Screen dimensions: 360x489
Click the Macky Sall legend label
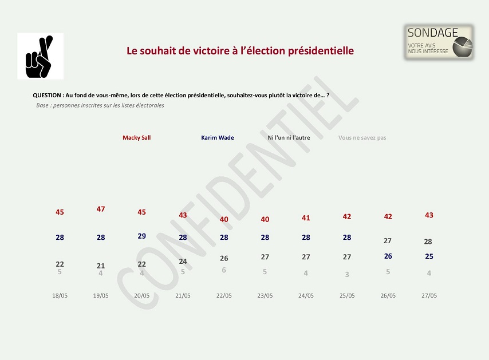136,138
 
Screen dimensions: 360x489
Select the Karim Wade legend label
218,138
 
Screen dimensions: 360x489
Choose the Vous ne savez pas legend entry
362,138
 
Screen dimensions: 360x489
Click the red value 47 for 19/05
101,209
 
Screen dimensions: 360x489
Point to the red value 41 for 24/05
306,218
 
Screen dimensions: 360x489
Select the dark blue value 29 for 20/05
142,236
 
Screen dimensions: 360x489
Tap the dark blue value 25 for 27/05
429,257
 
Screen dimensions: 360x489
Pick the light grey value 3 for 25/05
347,275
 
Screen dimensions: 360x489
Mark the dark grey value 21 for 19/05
101,266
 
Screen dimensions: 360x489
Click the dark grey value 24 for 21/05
183,262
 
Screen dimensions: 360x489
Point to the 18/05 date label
60,296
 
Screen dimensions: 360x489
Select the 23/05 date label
265,296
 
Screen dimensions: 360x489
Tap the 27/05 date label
429,296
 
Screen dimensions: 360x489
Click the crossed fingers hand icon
40,57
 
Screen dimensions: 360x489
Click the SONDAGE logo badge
439,42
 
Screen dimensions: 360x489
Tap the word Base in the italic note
42,105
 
